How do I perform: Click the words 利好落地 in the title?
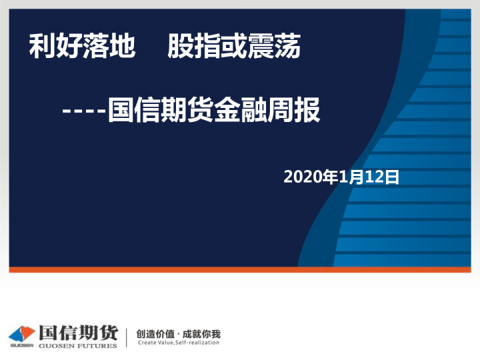[x=83, y=47]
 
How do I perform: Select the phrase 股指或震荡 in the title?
[x=234, y=47]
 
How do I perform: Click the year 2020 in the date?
[x=302, y=177]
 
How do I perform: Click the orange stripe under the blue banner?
[x=240, y=270]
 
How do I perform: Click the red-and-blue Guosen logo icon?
[x=22, y=333]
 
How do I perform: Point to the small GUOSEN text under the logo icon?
[x=21, y=345]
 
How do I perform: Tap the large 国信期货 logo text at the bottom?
[x=78, y=332]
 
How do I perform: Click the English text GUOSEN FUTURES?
[x=78, y=345]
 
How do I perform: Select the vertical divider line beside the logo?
[x=127, y=337]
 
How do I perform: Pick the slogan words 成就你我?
[x=201, y=333]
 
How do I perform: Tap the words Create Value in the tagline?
[x=155, y=343]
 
